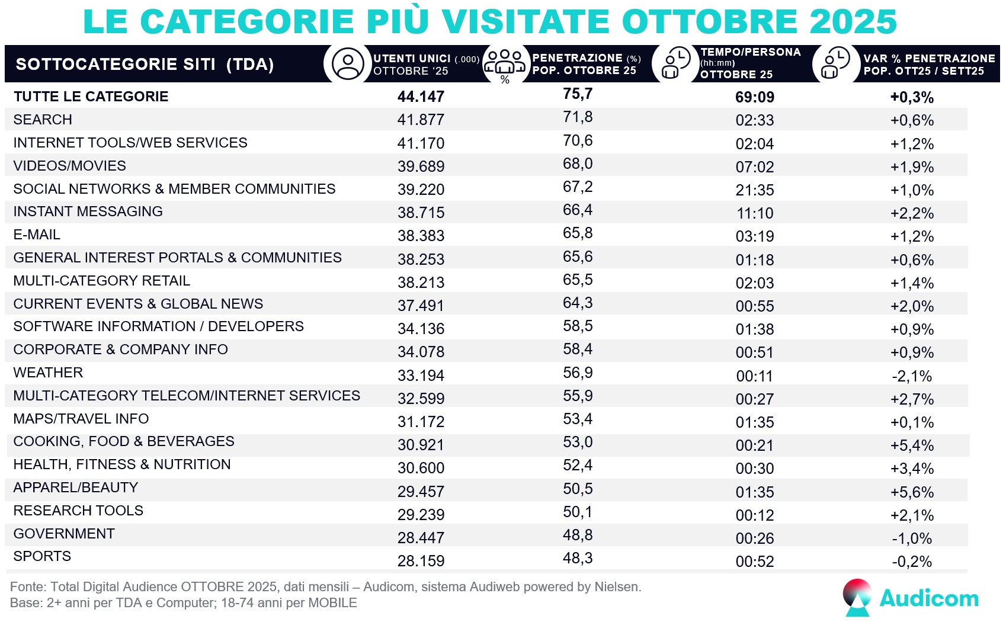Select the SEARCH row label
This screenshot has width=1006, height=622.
[43, 120]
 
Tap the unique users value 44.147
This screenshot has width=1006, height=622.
[421, 97]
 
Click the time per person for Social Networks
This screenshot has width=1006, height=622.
[754, 190]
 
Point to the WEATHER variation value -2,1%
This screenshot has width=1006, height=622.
[912, 376]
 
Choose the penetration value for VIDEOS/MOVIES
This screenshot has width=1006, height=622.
[578, 163]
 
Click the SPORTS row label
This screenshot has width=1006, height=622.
[42, 556]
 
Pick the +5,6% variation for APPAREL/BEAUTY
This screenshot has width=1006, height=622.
[912, 492]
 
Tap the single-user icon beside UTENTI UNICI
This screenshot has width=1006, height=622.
[348, 64]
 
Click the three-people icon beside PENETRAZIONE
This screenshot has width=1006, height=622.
[504, 63]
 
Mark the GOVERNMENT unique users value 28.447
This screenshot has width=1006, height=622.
[421, 538]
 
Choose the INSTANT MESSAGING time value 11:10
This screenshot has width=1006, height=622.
[754, 213]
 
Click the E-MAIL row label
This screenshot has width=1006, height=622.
[37, 235]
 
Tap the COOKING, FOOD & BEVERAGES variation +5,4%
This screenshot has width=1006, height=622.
[912, 445]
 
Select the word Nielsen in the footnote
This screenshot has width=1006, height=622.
[617, 587]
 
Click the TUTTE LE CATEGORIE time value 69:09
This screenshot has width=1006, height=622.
[754, 97]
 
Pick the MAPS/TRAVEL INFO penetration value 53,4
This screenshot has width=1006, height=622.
[578, 419]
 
